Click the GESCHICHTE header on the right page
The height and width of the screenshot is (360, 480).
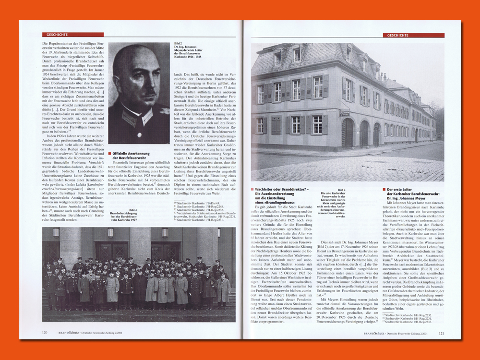click(396, 35)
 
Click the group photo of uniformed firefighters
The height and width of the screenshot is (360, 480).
click(139, 274)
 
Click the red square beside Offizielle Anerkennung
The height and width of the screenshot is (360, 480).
click(110, 153)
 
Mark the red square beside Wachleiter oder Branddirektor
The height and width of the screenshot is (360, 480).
click(252, 190)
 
